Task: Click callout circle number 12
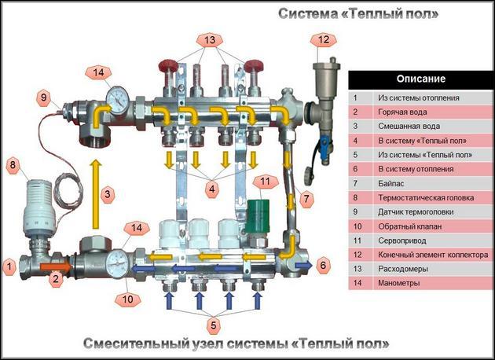(323, 39)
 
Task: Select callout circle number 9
(44, 99)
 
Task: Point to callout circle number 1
(9, 268)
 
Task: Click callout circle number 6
(324, 266)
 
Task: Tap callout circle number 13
(208, 39)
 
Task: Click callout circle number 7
(306, 197)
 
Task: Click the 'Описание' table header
(421, 79)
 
